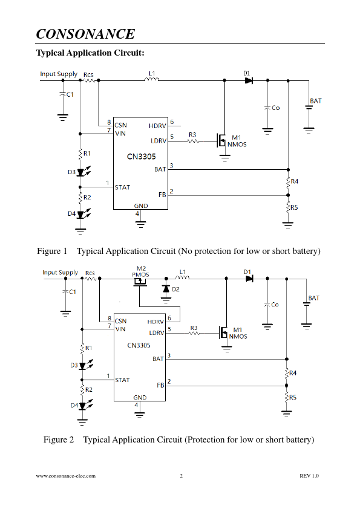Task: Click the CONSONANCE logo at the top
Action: point(85,34)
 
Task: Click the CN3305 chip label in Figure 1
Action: point(142,157)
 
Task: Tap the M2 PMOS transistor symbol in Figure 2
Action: point(140,282)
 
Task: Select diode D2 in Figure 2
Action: point(166,288)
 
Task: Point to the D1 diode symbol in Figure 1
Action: point(249,80)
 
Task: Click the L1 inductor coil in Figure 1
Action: point(152,79)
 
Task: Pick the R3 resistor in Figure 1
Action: point(193,141)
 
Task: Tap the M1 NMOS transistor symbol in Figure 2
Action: point(223,332)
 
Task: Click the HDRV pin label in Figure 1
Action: point(157,126)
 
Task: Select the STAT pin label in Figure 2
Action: point(122,380)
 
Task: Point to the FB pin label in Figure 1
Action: point(162,195)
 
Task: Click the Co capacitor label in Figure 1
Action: point(275,108)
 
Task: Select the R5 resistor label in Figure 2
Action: point(293,397)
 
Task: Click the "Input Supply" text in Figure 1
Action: point(59,74)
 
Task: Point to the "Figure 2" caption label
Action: point(59,439)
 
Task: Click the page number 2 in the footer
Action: point(182,476)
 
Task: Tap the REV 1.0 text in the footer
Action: point(309,476)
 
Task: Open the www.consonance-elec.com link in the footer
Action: point(65,476)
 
